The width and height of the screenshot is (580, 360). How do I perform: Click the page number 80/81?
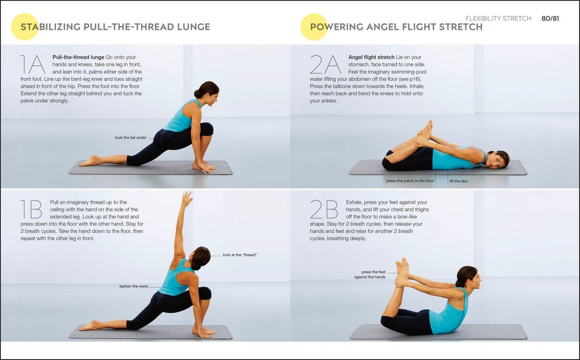[x=550, y=19]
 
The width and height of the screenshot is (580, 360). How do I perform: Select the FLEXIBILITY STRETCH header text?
[x=498, y=19]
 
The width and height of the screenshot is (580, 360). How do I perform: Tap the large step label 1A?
[x=33, y=64]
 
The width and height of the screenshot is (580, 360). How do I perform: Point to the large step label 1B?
[x=32, y=209]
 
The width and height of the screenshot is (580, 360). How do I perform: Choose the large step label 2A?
[x=325, y=64]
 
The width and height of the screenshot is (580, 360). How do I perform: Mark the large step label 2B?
[x=324, y=209]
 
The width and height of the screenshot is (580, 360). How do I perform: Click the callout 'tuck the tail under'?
[x=131, y=137]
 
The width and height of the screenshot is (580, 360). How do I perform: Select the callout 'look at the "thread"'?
[x=240, y=255]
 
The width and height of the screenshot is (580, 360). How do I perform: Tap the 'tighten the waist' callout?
[x=133, y=286]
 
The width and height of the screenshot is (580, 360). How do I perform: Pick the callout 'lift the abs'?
[x=458, y=181]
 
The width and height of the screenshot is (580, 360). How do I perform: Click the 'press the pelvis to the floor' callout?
[x=410, y=181]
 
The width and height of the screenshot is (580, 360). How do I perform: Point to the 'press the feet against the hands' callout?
[x=371, y=274]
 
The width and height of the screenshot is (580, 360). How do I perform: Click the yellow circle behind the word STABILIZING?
[x=24, y=26]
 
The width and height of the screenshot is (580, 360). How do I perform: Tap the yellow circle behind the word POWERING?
[x=314, y=26]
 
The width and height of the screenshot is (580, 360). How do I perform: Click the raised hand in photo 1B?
[x=187, y=199]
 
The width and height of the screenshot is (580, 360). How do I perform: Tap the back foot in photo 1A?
[x=89, y=161]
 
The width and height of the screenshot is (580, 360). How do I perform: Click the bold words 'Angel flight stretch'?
[x=371, y=57]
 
